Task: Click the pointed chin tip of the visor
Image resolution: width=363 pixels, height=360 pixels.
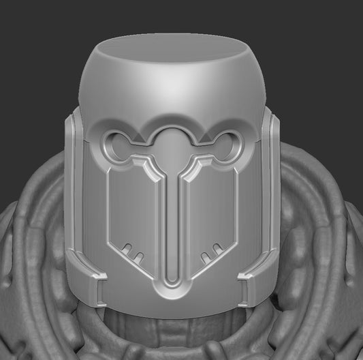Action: pyautogui.click(x=174, y=297)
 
